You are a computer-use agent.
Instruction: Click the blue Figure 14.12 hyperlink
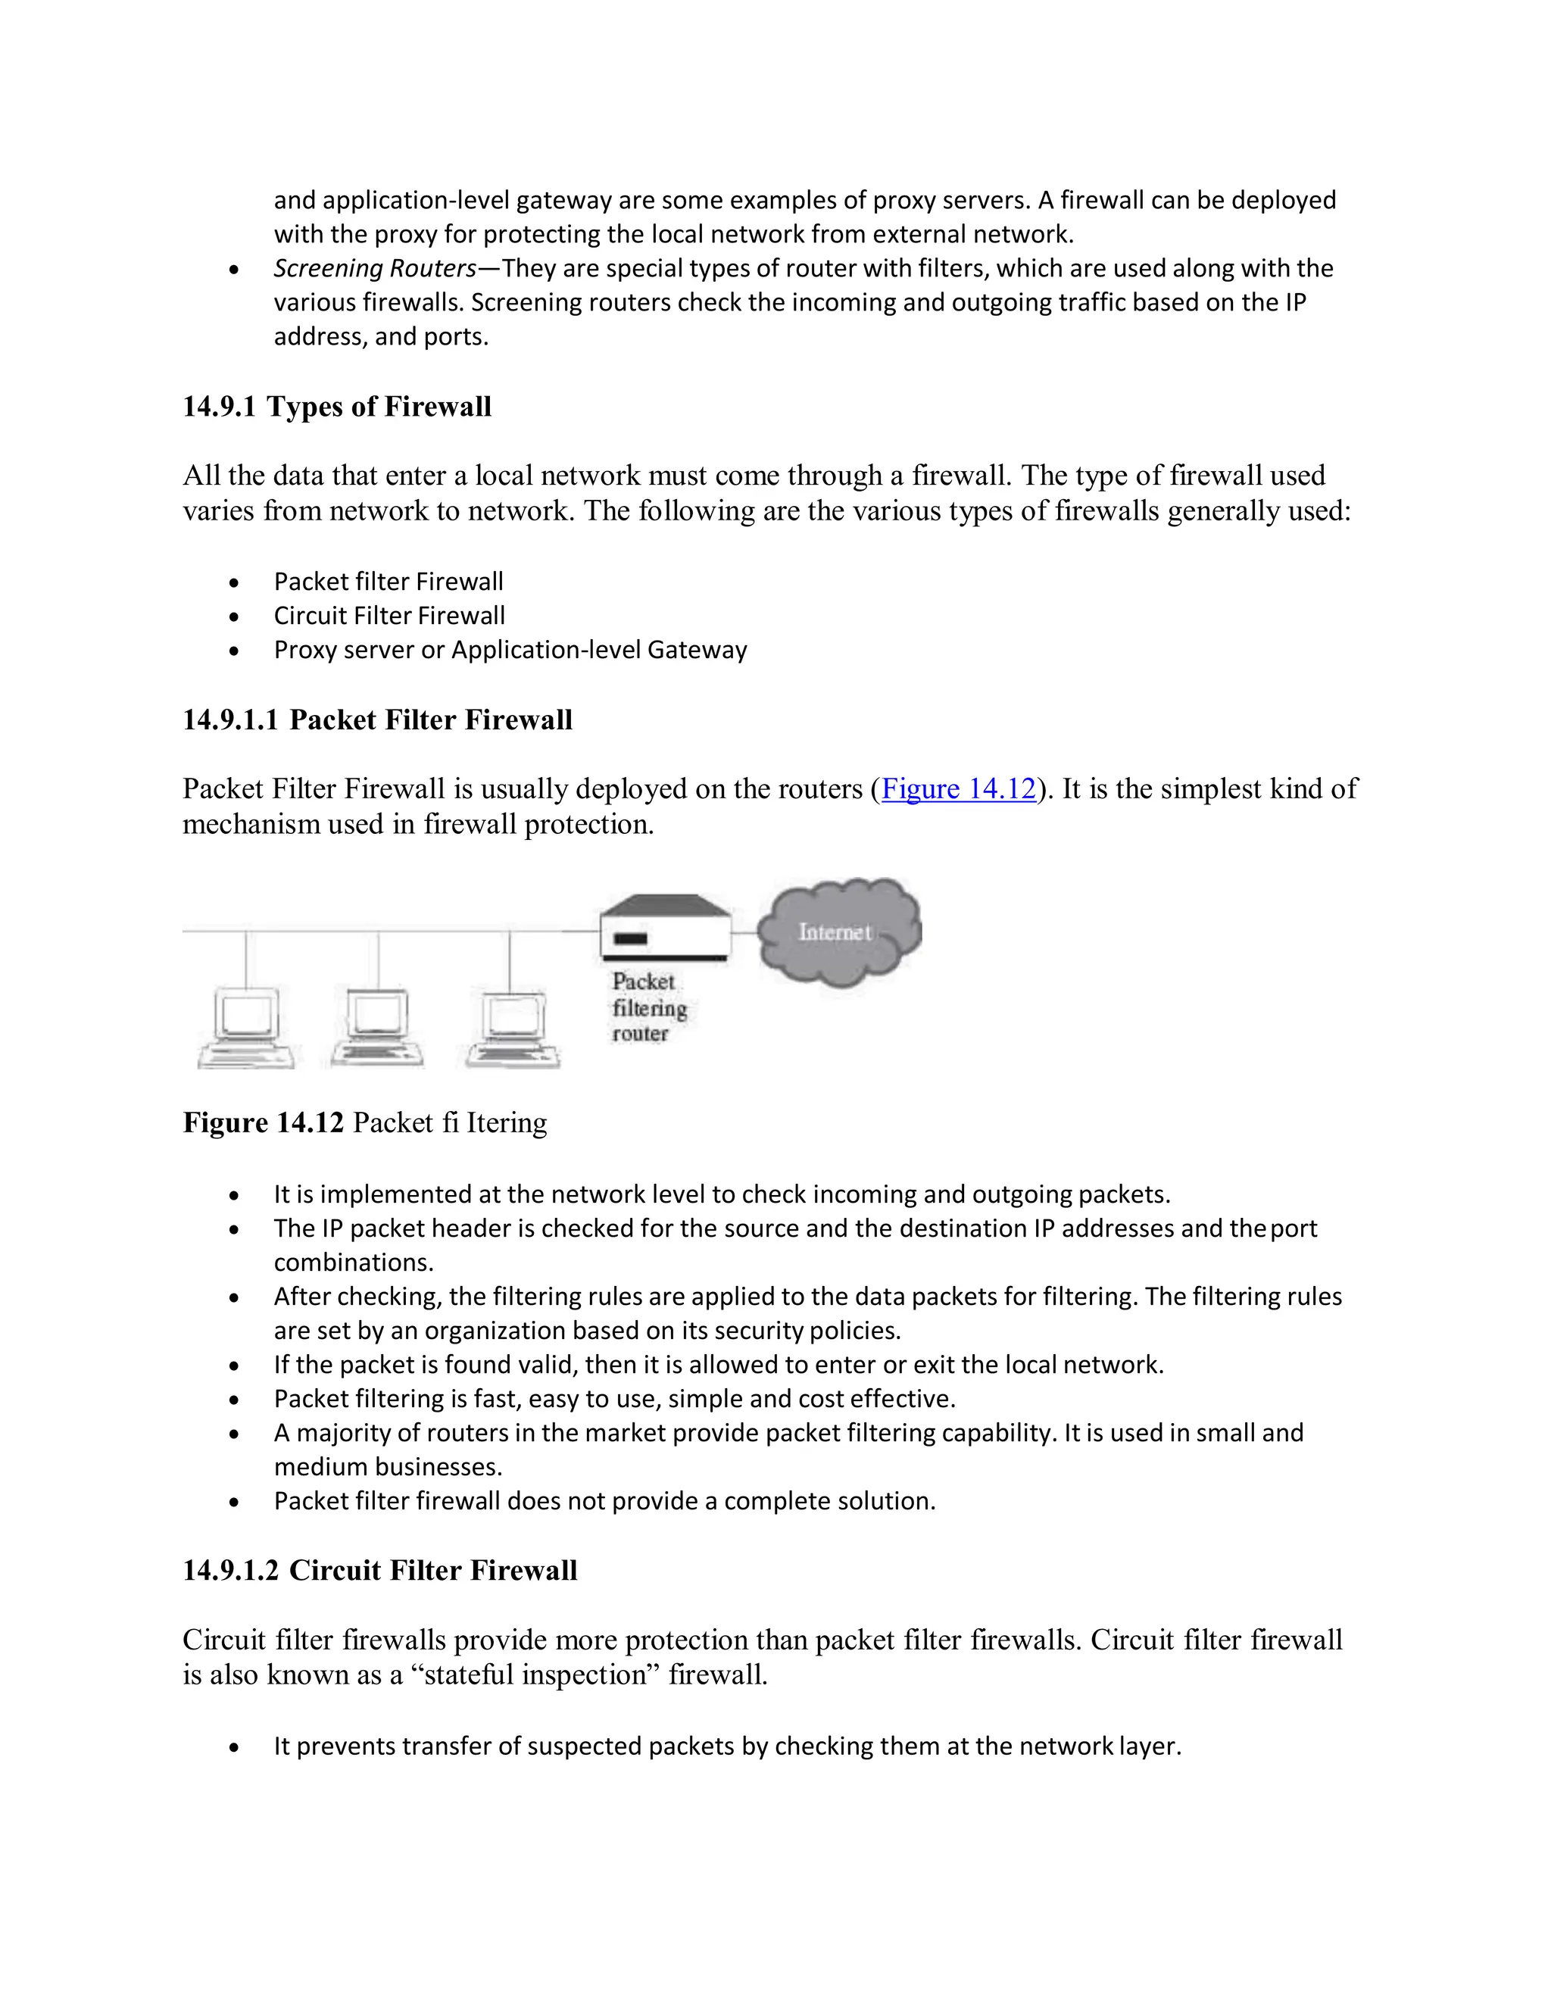tap(958, 789)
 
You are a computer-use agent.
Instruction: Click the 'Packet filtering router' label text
tap(648, 1008)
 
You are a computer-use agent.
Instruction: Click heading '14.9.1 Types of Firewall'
tap(336, 406)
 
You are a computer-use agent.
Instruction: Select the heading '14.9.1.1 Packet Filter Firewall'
tap(376, 719)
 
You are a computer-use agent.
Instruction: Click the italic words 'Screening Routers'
tap(374, 268)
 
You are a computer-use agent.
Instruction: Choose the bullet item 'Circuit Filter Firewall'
tap(389, 616)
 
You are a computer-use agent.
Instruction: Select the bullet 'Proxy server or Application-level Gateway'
tap(510, 650)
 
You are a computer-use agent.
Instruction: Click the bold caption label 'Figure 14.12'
tap(263, 1123)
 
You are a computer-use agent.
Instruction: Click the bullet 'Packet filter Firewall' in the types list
tap(388, 582)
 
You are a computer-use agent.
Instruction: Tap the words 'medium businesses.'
tap(388, 1467)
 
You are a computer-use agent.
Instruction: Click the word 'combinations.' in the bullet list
tap(354, 1263)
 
